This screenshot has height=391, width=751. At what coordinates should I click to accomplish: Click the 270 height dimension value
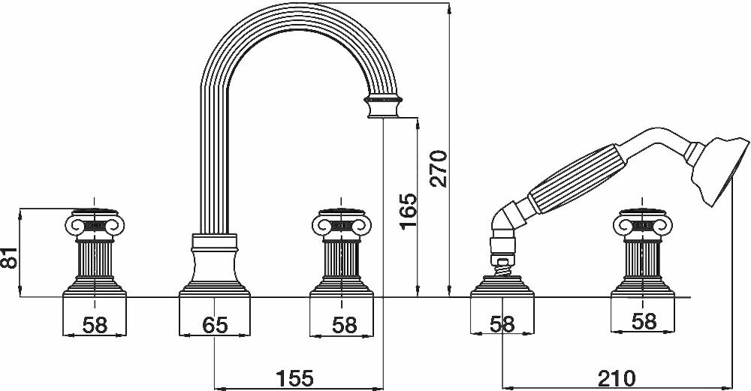click(x=439, y=167)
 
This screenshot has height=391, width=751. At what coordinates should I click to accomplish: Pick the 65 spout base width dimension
click(x=216, y=323)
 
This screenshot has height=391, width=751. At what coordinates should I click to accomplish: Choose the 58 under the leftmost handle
click(x=95, y=323)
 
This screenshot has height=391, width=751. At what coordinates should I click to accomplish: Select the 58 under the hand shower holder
click(x=502, y=323)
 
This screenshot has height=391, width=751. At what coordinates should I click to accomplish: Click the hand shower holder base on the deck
click(x=502, y=288)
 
